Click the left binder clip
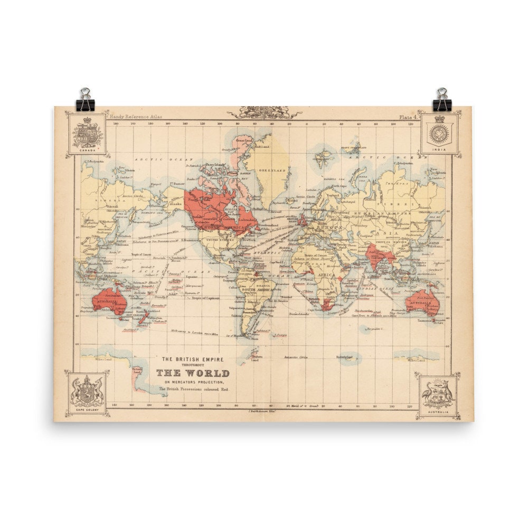coord(84,100)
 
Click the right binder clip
coord(442,100)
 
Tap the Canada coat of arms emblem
coord(87,133)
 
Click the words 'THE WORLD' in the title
coord(192,373)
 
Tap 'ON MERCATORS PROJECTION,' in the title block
coord(192,382)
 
